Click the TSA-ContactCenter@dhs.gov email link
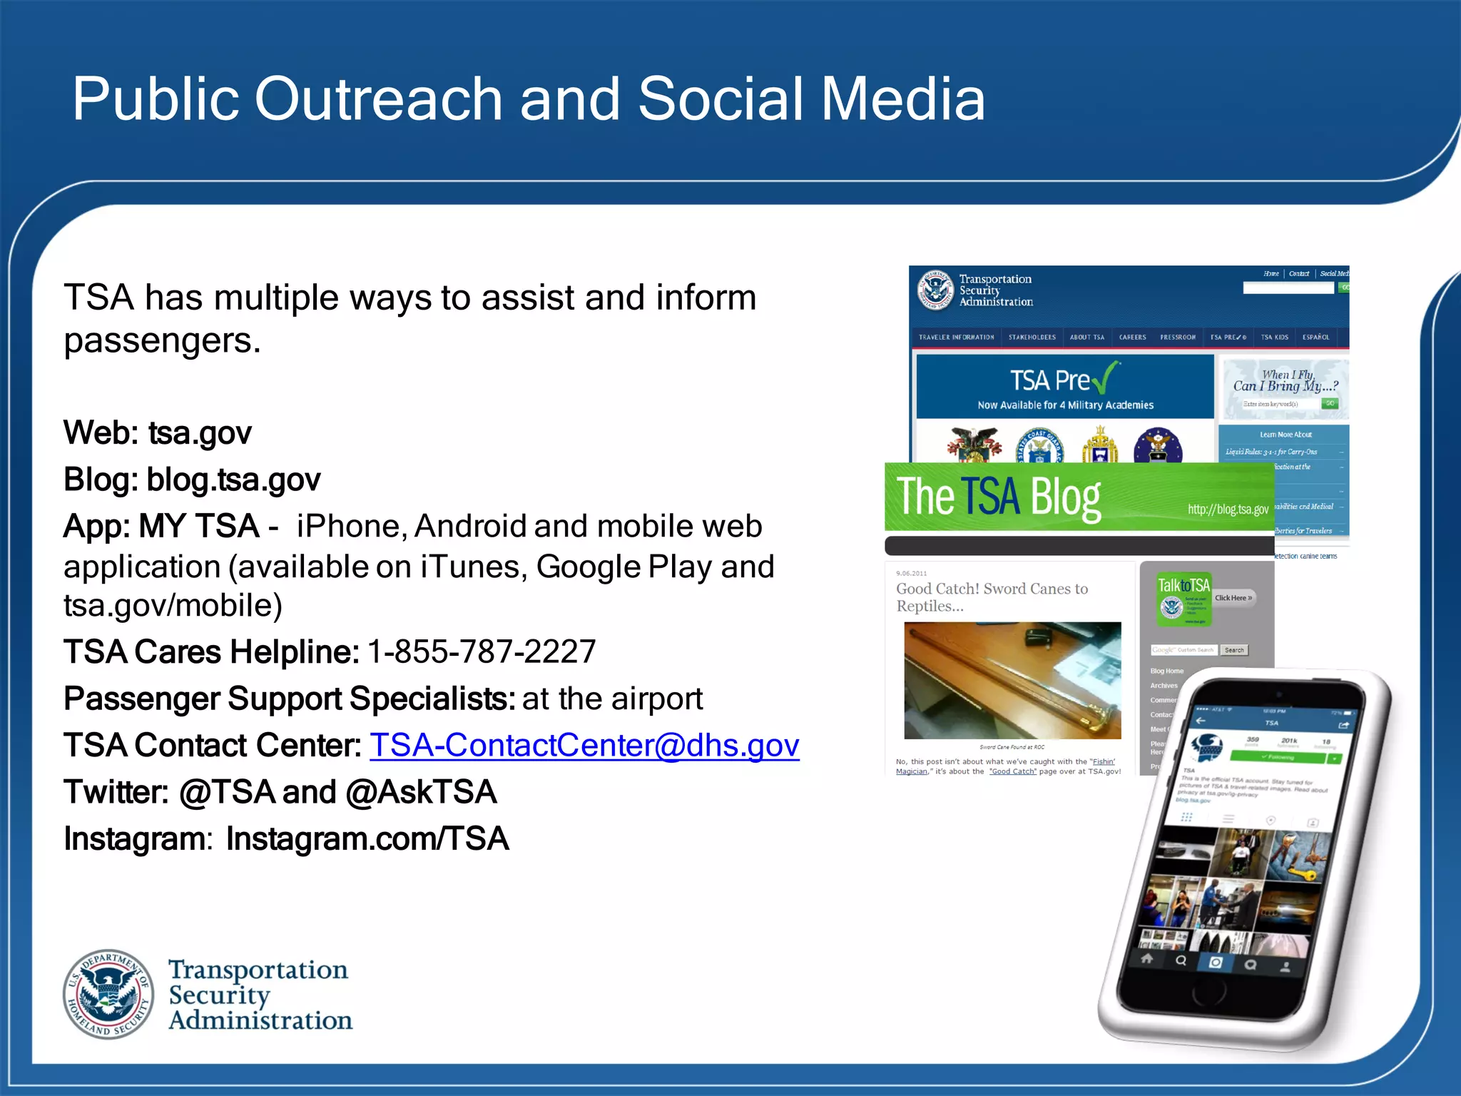click(x=584, y=746)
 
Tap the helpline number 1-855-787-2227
click(x=482, y=651)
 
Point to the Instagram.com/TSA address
click(x=367, y=839)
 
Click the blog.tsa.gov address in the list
click(x=233, y=479)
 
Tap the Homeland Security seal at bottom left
click(x=108, y=994)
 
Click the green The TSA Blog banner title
click(x=999, y=497)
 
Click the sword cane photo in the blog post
click(x=1012, y=680)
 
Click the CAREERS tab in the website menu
click(x=1132, y=338)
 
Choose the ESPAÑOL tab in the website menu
click(x=1315, y=338)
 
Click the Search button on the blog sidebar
click(x=1234, y=650)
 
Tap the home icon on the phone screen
click(x=1146, y=958)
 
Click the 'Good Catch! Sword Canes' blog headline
click(x=992, y=597)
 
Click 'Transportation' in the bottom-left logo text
click(x=258, y=970)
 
